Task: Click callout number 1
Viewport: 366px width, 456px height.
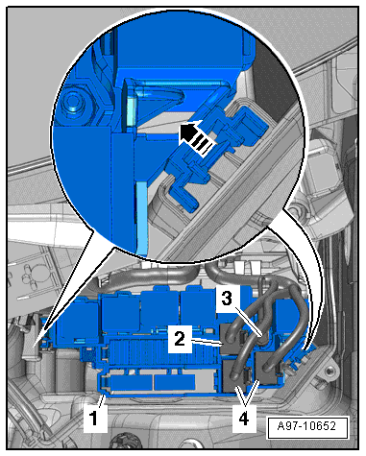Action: coord(94,419)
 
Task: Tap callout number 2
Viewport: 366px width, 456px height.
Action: coord(180,339)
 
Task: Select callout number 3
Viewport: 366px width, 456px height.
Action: coord(227,299)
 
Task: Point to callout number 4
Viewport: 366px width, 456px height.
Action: coord(244,419)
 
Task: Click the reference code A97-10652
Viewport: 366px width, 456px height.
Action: coord(307,426)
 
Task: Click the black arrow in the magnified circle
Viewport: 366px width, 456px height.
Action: coord(196,137)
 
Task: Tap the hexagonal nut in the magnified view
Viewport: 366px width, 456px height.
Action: coord(74,104)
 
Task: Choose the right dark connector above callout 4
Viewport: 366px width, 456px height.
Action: coord(267,368)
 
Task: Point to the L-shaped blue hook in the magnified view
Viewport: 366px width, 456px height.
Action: coord(183,196)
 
